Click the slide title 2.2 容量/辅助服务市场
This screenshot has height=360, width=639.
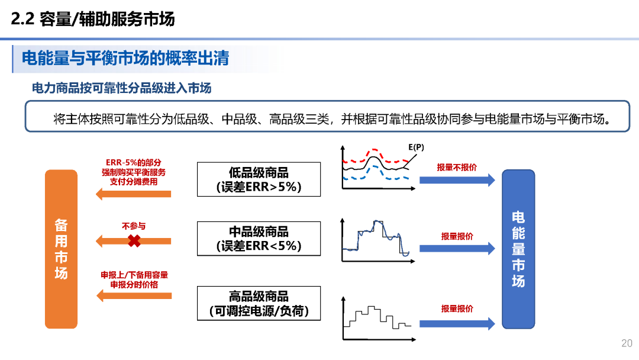(93, 20)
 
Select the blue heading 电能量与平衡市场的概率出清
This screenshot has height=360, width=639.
(125, 58)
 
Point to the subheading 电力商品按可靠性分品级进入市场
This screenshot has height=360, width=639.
(121, 88)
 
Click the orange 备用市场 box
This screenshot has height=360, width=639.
(62, 249)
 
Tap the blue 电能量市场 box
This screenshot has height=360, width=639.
(518, 249)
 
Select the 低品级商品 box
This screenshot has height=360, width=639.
(259, 179)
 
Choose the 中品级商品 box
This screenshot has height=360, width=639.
(259, 239)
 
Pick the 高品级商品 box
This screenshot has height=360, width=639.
(259, 303)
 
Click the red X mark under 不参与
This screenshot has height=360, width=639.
(134, 241)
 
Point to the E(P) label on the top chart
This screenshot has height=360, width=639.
(416, 147)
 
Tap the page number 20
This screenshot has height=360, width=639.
(627, 343)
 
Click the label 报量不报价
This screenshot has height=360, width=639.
(457, 168)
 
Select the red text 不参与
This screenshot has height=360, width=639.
(134, 226)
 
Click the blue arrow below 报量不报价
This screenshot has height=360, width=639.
(457, 180)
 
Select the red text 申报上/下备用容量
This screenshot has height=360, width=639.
(134, 275)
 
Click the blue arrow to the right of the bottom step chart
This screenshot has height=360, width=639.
(457, 323)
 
